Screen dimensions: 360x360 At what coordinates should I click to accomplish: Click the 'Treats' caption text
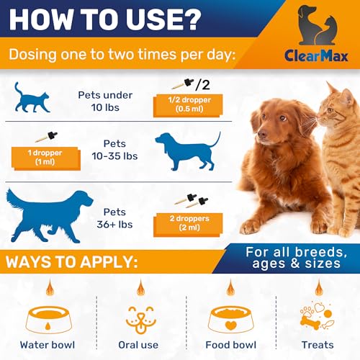pos(317,345)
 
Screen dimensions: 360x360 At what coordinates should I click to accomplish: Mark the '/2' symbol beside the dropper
pos(206,86)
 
